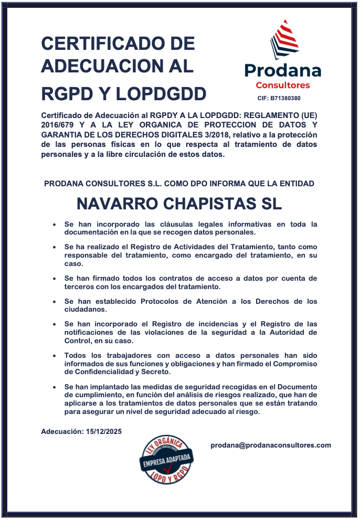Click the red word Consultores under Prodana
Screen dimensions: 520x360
pos(283,85)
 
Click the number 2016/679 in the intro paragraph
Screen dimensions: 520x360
pos(57,124)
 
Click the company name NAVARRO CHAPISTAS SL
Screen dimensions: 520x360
pos(179,204)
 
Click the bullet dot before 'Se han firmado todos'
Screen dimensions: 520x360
pos(55,279)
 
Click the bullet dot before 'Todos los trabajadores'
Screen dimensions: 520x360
pos(55,356)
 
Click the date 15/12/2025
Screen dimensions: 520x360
pos(103,431)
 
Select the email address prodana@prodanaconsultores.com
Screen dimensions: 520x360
pos(271,445)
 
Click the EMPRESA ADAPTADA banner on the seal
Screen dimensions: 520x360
pos(166,462)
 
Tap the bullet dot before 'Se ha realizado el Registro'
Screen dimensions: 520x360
pos(55,247)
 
